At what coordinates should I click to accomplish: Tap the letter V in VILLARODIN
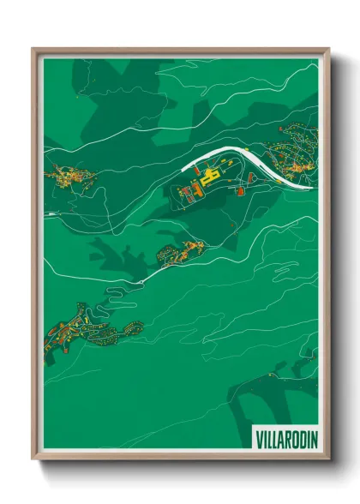tap(260, 439)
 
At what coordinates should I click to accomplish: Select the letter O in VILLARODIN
tap(291, 439)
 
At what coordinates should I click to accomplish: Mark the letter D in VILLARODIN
tap(297, 439)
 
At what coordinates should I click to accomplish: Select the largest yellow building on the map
tap(206, 182)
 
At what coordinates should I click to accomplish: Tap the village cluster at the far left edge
tap(69, 177)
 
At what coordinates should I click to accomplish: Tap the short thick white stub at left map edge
tap(51, 212)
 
